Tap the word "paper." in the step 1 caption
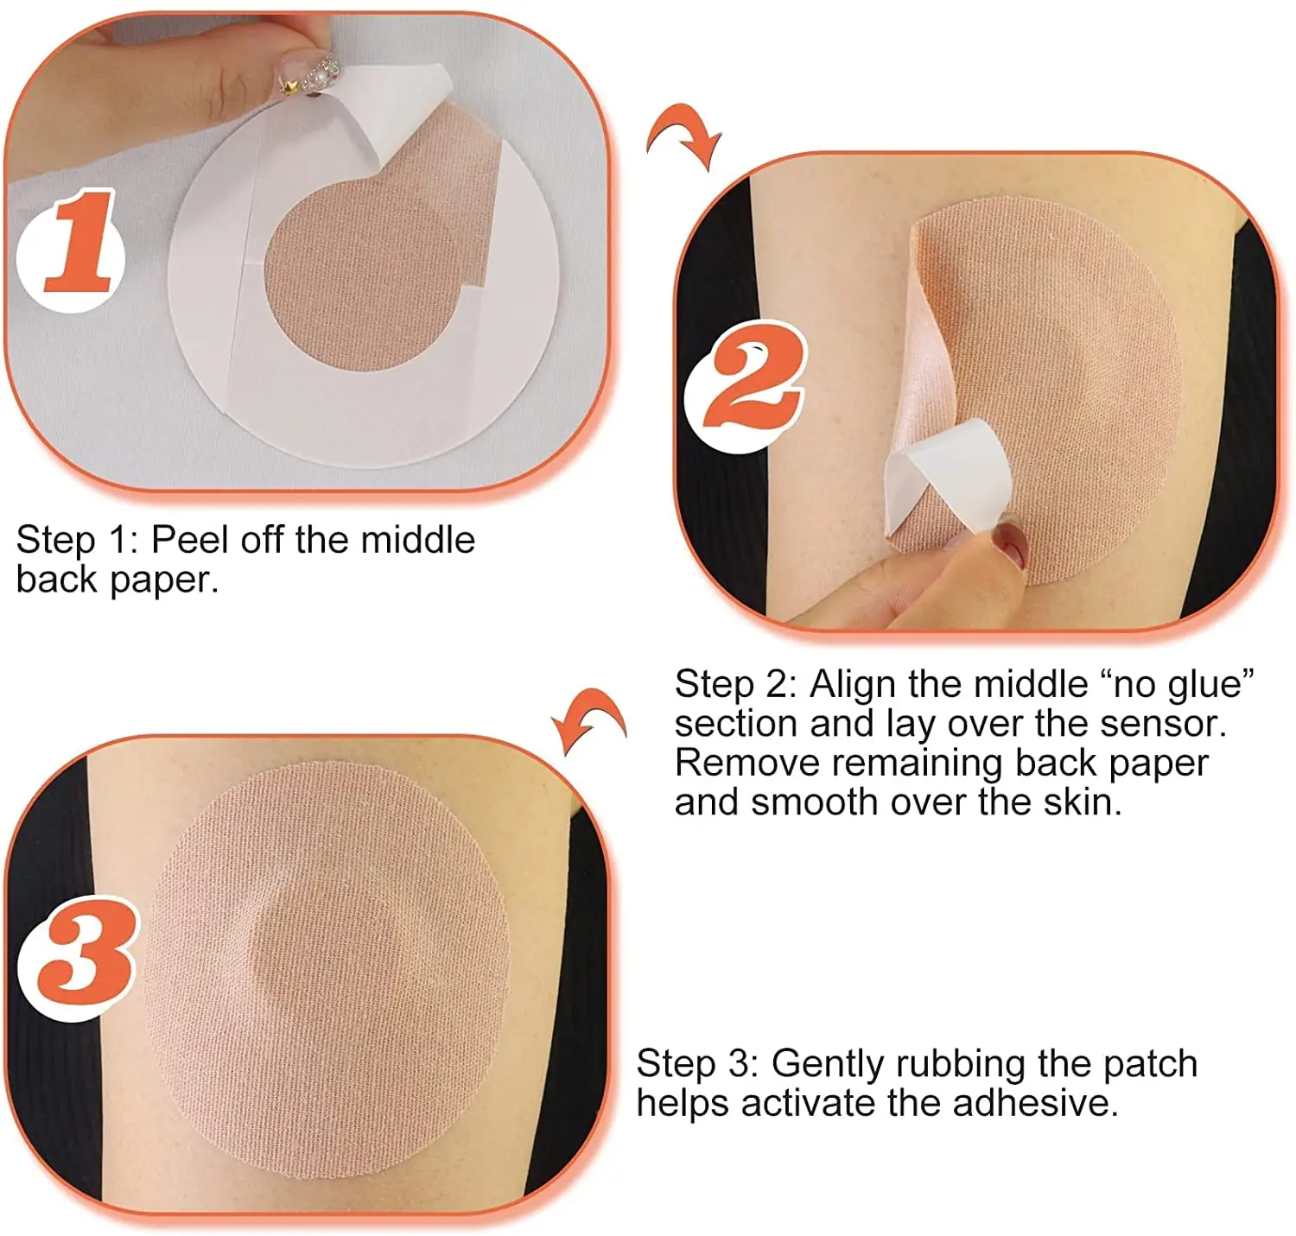(x=164, y=581)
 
